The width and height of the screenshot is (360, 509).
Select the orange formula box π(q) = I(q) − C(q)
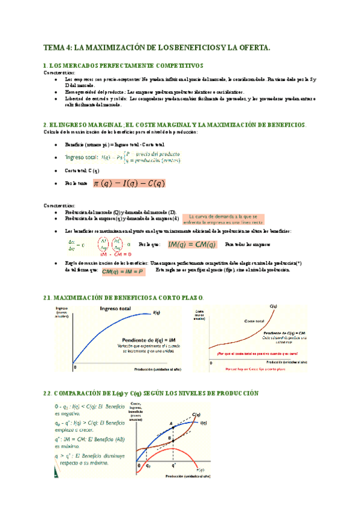[x=129, y=183]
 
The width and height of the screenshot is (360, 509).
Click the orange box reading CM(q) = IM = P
[x=123, y=272]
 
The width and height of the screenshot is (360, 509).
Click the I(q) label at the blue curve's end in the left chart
[x=157, y=312]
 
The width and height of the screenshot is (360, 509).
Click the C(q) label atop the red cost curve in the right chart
[x=274, y=307]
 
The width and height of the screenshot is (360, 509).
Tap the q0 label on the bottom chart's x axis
[x=149, y=466]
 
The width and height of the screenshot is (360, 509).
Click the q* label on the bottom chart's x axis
[x=173, y=466]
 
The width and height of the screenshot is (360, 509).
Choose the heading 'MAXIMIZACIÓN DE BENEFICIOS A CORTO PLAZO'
[x=129, y=298]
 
